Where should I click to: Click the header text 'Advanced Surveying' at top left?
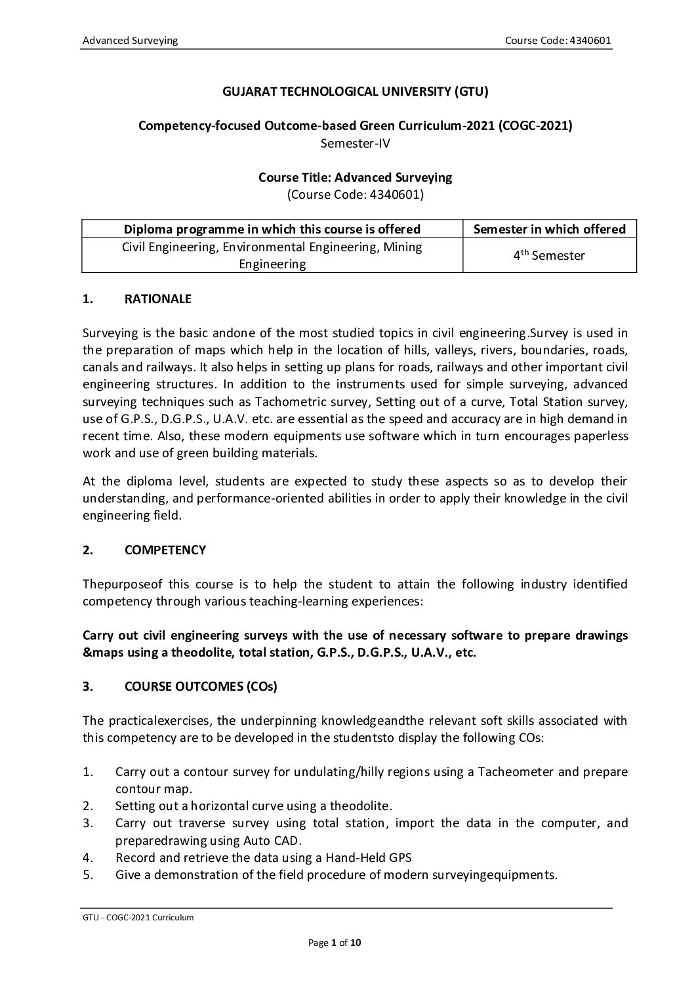point(130,41)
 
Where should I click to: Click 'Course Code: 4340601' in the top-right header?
point(558,41)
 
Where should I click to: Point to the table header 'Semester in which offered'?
point(549,229)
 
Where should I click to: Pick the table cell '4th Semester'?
point(549,255)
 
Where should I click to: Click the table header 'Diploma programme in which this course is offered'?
point(272,229)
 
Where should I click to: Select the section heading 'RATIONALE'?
point(157,299)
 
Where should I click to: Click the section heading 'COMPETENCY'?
point(165,550)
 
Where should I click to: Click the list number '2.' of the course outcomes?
point(89,806)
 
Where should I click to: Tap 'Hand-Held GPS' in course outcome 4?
point(373,857)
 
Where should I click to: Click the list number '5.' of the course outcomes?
point(89,874)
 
